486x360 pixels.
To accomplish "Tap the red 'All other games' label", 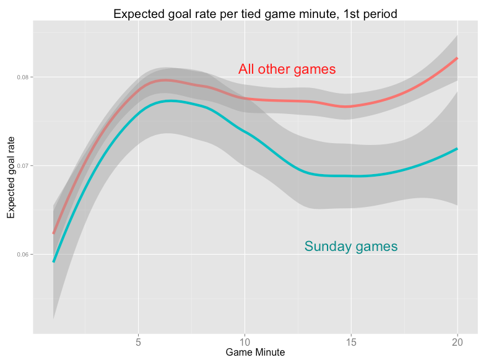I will pos(287,69).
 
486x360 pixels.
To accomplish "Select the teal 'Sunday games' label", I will pos(350,247).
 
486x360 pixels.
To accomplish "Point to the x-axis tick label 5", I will pos(138,343).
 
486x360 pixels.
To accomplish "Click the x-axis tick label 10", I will pos(245,343).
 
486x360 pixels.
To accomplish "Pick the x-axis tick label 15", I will pos(351,343).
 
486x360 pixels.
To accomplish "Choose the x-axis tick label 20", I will pos(458,343).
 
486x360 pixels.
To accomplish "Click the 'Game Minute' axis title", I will pos(255,353).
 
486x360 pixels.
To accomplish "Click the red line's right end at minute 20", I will pos(458,58).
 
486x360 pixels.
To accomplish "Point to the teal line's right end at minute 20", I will pos(458,149).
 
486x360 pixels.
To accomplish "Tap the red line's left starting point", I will pos(53,234).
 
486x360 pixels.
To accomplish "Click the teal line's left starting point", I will pos(53,261).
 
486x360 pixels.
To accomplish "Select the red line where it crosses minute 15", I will pos(351,107).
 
